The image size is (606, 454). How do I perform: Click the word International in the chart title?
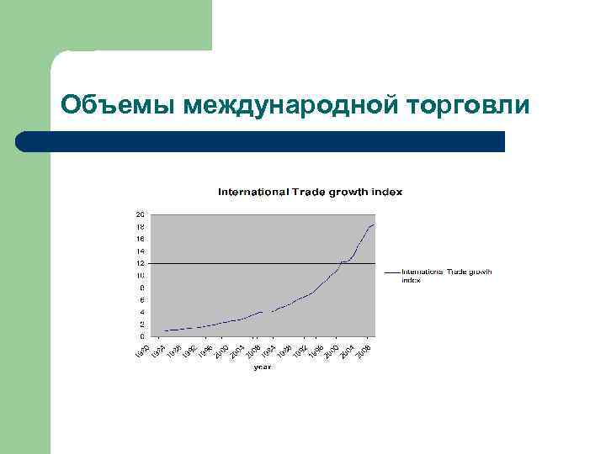[253, 192]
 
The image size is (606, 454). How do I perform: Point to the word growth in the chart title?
[345, 192]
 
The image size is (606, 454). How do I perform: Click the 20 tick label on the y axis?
[141, 214]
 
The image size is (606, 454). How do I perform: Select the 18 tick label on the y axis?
[141, 227]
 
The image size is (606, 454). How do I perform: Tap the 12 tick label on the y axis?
[141, 263]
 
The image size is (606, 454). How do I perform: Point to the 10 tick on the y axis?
[141, 276]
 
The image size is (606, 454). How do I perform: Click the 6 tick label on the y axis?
[142, 300]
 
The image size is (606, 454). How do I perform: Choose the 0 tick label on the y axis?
[142, 336]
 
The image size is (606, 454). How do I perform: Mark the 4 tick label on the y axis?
[142, 312]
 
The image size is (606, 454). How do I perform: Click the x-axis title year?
[263, 366]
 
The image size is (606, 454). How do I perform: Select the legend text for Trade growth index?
[446, 276]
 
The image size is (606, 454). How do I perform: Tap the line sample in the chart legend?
[391, 272]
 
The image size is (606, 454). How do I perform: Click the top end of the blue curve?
[375, 224]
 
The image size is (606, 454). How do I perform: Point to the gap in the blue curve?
[268, 312]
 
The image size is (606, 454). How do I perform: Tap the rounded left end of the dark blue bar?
[24, 141]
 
